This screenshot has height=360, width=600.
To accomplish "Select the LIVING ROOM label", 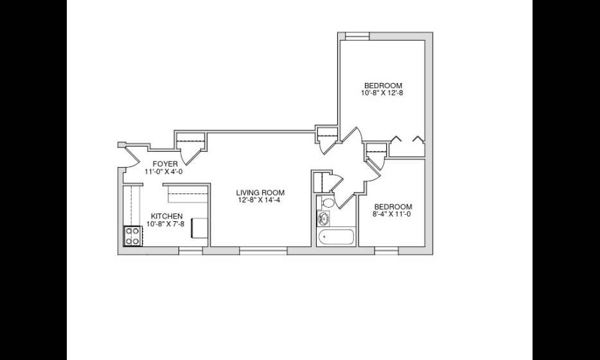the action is click(260, 193).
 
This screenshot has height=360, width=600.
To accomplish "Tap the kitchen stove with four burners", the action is click(132, 236).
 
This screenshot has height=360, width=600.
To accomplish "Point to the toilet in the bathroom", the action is click(327, 203).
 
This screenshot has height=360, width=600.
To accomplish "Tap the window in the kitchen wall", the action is click(191, 251).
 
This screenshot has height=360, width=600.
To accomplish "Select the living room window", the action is click(263, 251).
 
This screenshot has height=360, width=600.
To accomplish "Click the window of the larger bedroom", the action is click(357, 36).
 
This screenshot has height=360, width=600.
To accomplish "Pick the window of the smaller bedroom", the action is click(387, 251).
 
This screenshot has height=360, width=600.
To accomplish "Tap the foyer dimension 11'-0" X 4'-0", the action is click(164, 172).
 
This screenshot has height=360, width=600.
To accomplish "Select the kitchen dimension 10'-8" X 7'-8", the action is click(165, 224).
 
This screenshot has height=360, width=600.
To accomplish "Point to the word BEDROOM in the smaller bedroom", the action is click(393, 207).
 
